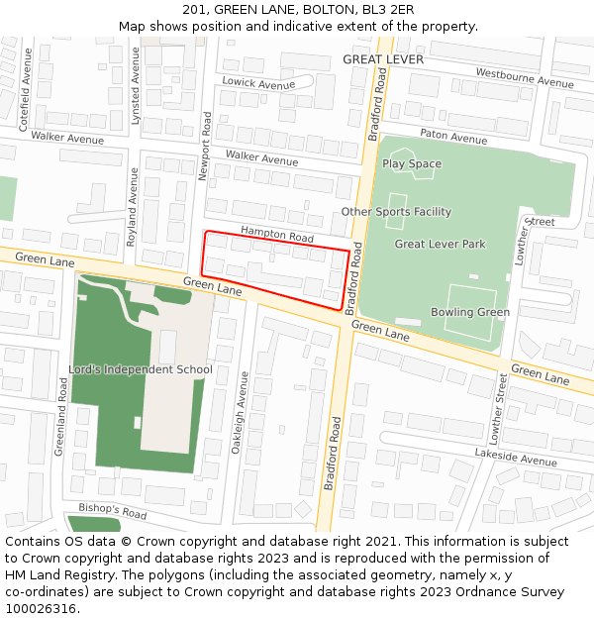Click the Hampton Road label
click(276, 235)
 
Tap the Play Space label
click(412, 163)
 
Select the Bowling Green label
click(470, 312)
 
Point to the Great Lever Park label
click(440, 244)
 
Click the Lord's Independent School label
click(140, 369)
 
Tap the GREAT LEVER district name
click(382, 59)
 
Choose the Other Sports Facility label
click(396, 212)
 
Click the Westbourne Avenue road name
click(525, 78)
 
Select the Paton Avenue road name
click(453, 137)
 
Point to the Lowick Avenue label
click(258, 84)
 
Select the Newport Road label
click(206, 145)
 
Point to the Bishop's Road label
click(112, 512)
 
